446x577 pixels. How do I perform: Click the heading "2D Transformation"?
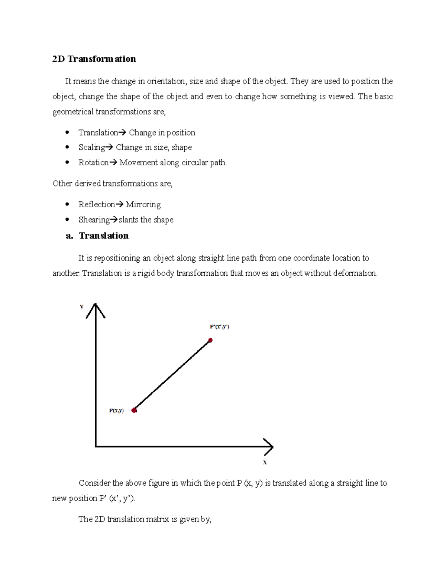pos(94,59)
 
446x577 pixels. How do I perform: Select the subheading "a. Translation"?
pos(97,236)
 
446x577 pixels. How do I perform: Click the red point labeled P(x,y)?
pos(134,410)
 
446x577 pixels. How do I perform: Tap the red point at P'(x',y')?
pos(210,340)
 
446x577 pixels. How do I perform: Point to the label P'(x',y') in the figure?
pos(219,327)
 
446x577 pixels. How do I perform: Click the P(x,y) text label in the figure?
pos(116,411)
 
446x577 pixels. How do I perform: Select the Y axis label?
pos(81,307)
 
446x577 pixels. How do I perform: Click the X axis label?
pos(265,463)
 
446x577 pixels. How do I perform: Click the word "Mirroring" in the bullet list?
pos(143,205)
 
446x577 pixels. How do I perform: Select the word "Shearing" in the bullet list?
pos(94,220)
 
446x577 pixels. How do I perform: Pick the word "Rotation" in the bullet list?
pos(93,163)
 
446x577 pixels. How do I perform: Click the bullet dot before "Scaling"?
pos(67,147)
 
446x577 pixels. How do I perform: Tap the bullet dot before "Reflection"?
pos(67,204)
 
